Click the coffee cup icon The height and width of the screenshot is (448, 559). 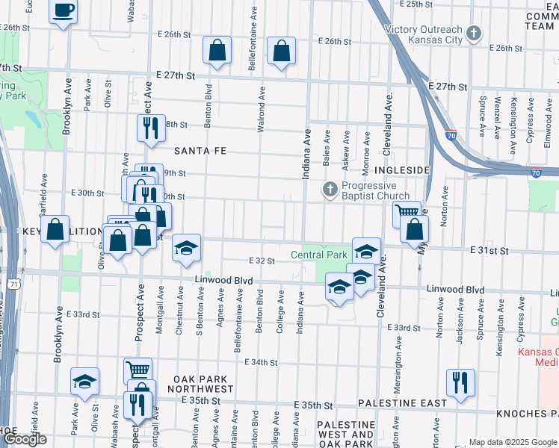64,11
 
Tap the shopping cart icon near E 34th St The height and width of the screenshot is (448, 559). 138,370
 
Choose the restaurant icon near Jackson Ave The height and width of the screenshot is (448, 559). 460,382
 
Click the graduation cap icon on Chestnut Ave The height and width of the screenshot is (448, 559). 186,249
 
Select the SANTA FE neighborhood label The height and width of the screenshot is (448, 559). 200,150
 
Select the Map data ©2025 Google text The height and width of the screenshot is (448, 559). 512,442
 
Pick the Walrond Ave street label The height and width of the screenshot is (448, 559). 262,112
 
